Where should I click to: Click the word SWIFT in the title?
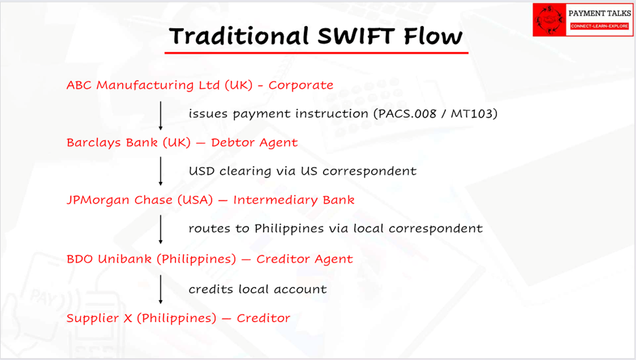coord(356,36)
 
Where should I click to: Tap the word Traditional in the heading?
coord(239,36)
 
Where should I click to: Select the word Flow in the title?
coord(432,36)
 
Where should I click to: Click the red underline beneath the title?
coord(316,53)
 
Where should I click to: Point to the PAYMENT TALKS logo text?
coord(599,14)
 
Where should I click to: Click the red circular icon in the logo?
coord(549,20)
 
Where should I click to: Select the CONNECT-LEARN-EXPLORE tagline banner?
coord(599,26)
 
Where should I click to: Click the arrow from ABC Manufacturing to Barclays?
coord(160,115)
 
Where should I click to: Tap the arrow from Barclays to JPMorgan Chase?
coord(160,172)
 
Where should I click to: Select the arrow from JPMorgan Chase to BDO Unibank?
coord(160,230)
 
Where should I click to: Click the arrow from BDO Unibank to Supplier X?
coord(160,290)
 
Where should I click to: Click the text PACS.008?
coord(407,113)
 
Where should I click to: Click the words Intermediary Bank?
coord(294,200)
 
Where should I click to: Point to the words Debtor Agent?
coord(254,143)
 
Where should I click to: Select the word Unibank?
coord(125,259)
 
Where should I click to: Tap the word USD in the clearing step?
coord(202,171)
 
